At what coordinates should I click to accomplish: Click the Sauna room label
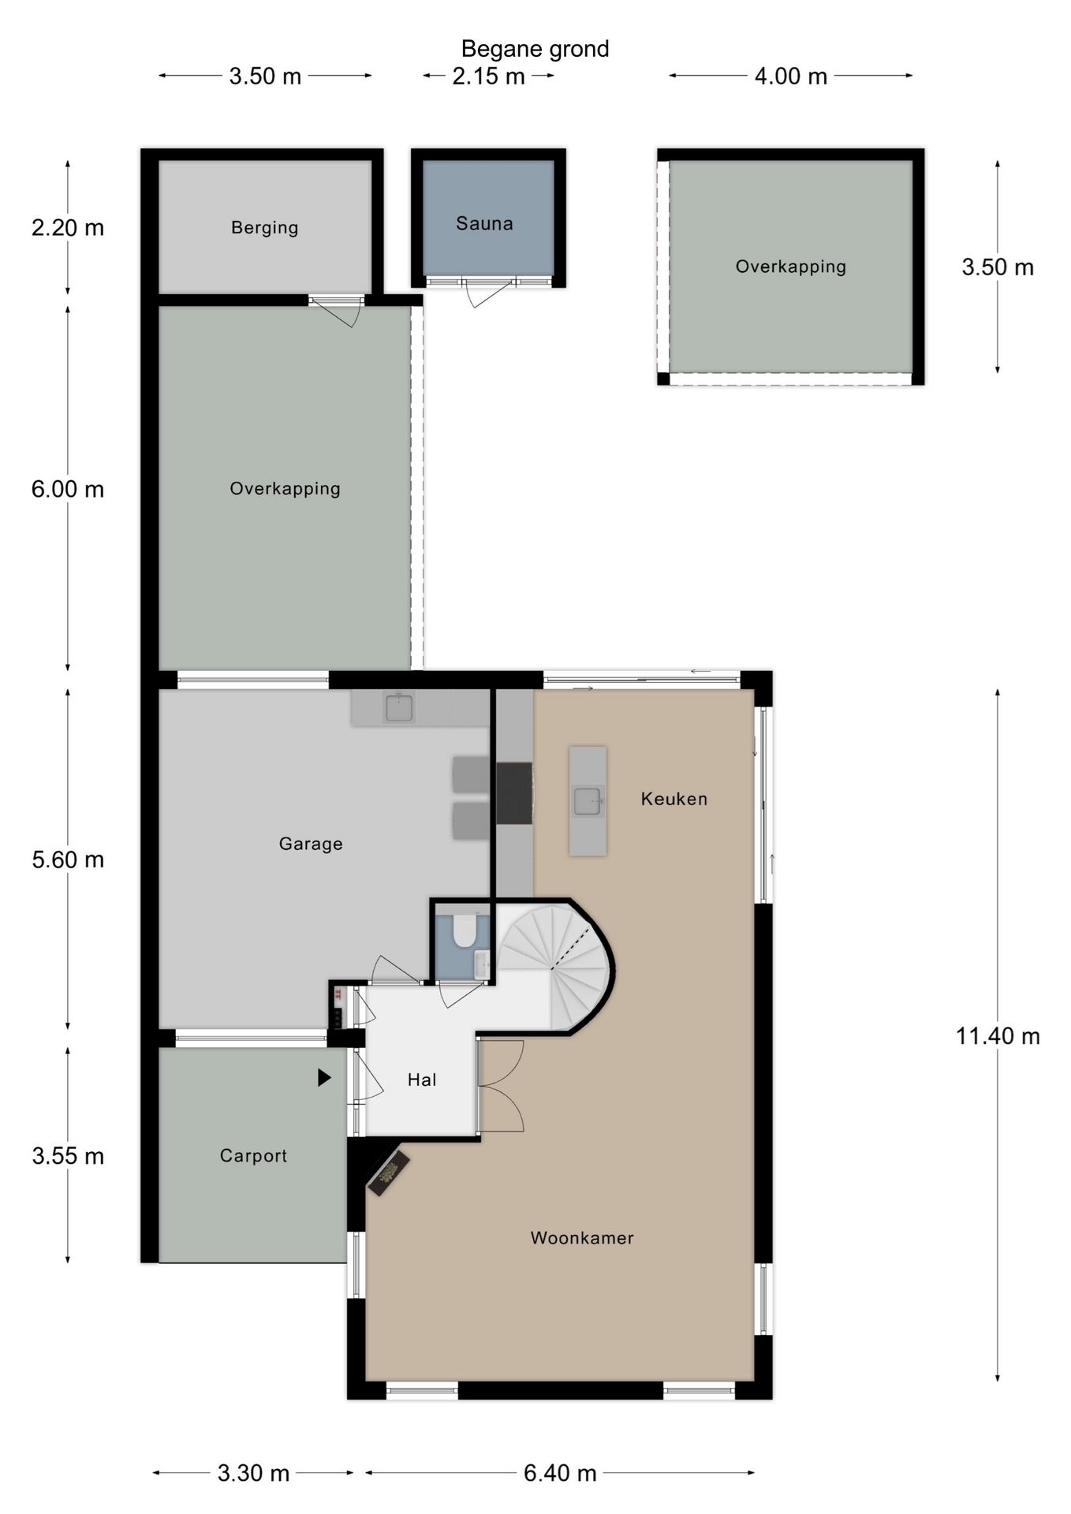click(484, 224)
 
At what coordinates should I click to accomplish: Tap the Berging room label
click(265, 228)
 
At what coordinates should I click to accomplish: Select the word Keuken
click(674, 799)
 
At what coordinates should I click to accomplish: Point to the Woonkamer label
click(582, 1238)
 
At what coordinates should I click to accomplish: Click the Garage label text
click(311, 844)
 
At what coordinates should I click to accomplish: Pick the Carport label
click(253, 1156)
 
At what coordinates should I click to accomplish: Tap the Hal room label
click(422, 1080)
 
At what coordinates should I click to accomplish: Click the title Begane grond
click(535, 49)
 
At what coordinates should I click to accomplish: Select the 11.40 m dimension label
click(998, 1036)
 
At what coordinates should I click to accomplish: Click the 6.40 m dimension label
click(560, 1473)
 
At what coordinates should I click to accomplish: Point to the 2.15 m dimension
click(488, 76)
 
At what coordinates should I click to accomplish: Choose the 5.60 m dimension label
click(68, 860)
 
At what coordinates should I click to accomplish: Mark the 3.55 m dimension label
click(68, 1156)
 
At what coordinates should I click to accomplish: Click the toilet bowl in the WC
click(465, 930)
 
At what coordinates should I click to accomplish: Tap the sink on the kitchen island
click(588, 801)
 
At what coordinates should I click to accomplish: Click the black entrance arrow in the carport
click(324, 1077)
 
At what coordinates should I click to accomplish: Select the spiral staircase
click(555, 967)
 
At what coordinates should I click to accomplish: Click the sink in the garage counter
click(399, 707)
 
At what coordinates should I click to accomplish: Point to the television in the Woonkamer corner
click(389, 1173)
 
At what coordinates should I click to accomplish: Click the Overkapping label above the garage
click(285, 489)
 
